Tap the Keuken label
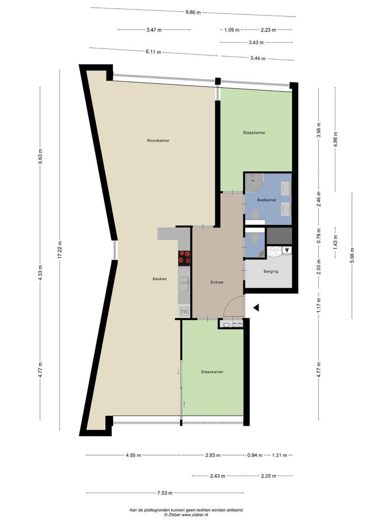(x=159, y=278)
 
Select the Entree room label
(x=216, y=282)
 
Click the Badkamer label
(x=267, y=200)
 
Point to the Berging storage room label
(x=271, y=271)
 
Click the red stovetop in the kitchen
(x=184, y=257)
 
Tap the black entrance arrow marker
(x=256, y=307)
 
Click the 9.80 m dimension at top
(x=194, y=12)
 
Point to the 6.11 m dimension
(x=153, y=52)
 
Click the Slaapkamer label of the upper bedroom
(x=254, y=132)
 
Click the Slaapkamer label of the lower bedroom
(x=212, y=371)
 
